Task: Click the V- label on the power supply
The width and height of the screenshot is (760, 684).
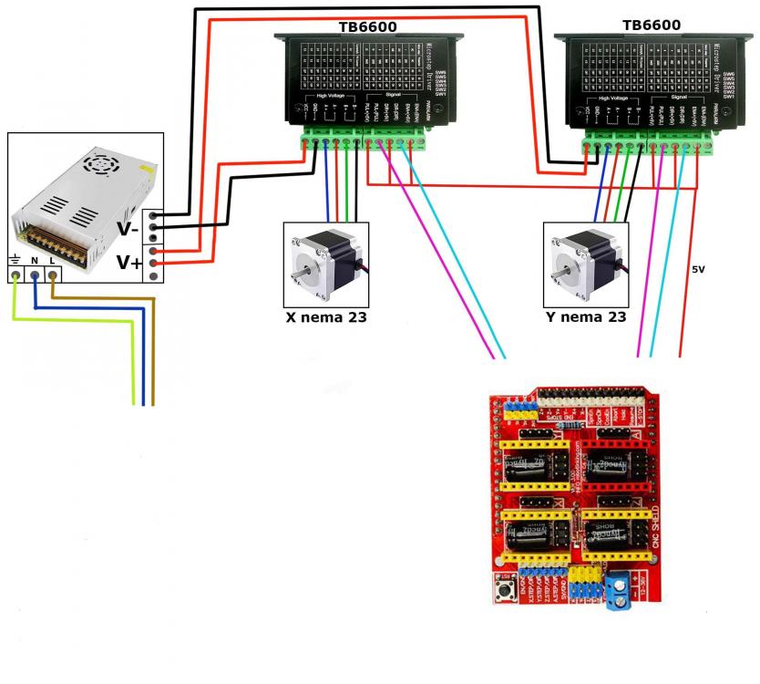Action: (x=128, y=229)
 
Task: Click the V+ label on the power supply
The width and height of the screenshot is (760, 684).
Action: (x=128, y=264)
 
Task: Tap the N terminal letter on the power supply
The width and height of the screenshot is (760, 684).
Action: (x=35, y=260)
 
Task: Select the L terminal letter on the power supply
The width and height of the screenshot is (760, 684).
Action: (x=52, y=260)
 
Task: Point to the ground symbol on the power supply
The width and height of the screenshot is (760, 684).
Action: (x=15, y=260)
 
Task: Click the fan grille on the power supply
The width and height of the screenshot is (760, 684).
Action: (x=97, y=165)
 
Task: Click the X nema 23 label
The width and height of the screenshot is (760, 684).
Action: (x=326, y=318)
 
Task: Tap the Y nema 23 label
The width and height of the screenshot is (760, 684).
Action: (x=585, y=318)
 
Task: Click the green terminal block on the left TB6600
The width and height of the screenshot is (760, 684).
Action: (x=365, y=141)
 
